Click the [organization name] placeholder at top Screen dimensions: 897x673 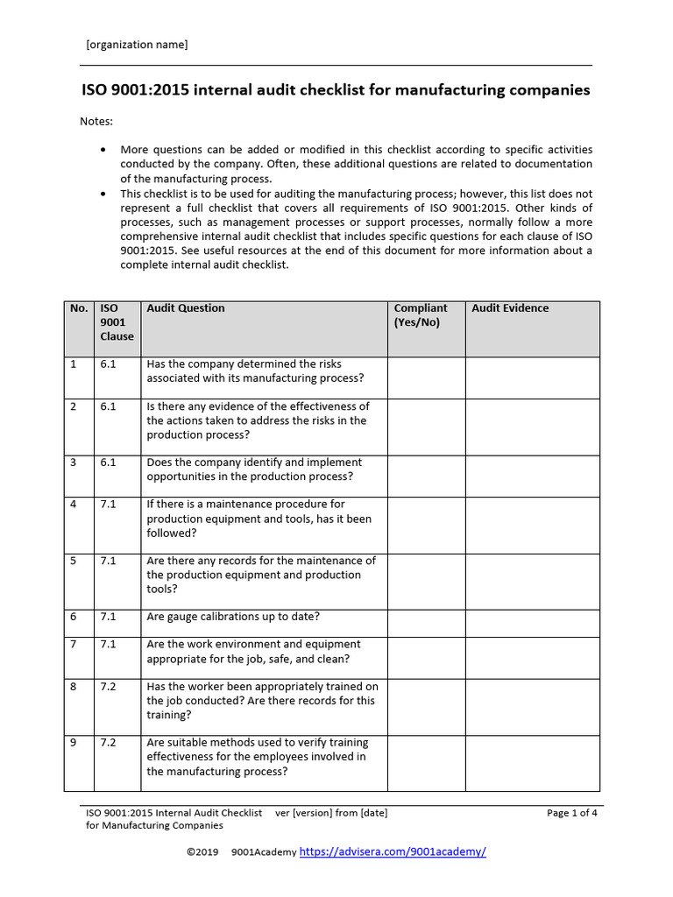pyautogui.click(x=136, y=45)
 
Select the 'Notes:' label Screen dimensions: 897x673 pyautogui.click(x=96, y=121)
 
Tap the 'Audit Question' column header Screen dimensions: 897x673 pyautogui.click(x=186, y=308)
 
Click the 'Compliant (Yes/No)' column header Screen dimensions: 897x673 pyautogui.click(x=421, y=315)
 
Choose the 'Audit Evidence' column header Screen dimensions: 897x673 pyautogui.click(x=510, y=308)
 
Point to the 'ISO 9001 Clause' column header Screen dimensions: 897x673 pyautogui.click(x=116, y=322)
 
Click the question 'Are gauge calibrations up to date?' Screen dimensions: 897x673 pyautogui.click(x=233, y=617)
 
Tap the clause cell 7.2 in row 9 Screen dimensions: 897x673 pyautogui.click(x=109, y=743)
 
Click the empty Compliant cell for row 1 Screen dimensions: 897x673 pyautogui.click(x=426, y=378)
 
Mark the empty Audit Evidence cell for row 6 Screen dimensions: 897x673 pyautogui.click(x=532, y=623)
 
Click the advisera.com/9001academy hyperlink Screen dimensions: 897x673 pyautogui.click(x=393, y=851)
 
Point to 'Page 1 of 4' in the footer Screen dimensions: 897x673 pyautogui.click(x=572, y=813)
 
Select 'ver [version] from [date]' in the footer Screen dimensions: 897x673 pyautogui.click(x=331, y=813)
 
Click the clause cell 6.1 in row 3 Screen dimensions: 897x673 pyautogui.click(x=109, y=463)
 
